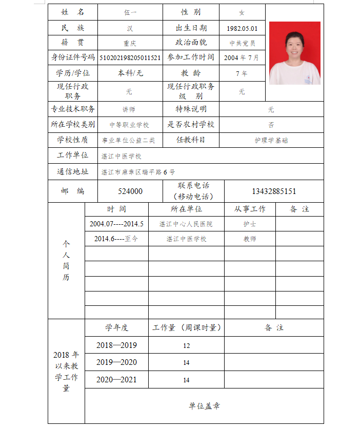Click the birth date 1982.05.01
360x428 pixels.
click(x=242, y=28)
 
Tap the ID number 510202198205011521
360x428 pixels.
click(x=130, y=58)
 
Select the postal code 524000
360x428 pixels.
click(x=130, y=191)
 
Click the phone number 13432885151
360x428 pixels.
click(x=274, y=191)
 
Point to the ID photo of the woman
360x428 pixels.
click(x=294, y=53)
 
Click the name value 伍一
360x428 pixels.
click(x=130, y=12)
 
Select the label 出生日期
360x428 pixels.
click(x=191, y=28)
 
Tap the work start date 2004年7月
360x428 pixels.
click(x=242, y=58)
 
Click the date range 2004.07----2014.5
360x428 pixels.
click(x=116, y=224)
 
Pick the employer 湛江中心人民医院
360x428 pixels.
click(x=186, y=224)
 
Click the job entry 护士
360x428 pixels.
click(x=250, y=224)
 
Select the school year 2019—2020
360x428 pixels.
click(x=116, y=362)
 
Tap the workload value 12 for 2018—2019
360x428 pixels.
click(x=186, y=345)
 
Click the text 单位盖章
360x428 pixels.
click(x=204, y=406)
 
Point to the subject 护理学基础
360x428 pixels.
click(x=271, y=140)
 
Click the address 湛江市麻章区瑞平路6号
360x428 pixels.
click(x=138, y=172)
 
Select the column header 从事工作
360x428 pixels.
click(x=250, y=209)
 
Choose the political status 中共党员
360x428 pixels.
click(x=242, y=43)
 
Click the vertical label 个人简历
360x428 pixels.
click(x=66, y=261)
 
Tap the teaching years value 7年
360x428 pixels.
click(x=242, y=73)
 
